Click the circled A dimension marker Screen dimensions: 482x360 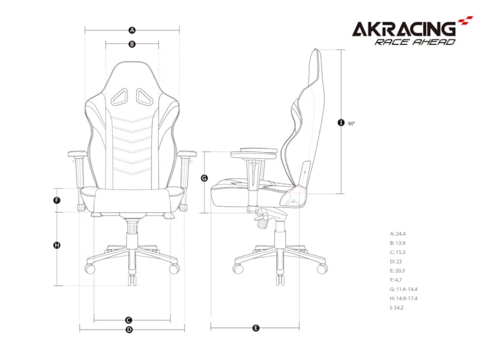pyautogui.click(x=132, y=30)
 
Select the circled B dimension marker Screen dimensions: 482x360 pyautogui.click(x=132, y=44)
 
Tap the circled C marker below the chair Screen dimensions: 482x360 pyautogui.click(x=129, y=320)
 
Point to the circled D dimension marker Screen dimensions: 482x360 pyautogui.click(x=129, y=329)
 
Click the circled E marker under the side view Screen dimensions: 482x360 pyautogui.click(x=255, y=328)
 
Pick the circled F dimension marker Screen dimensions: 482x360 pyautogui.click(x=57, y=200)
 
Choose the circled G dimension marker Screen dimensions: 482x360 pyautogui.click(x=204, y=178)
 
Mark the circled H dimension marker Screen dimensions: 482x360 pyautogui.click(x=57, y=245)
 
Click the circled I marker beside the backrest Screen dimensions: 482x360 pyautogui.click(x=341, y=123)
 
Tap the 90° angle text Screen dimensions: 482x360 pyautogui.click(x=351, y=123)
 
